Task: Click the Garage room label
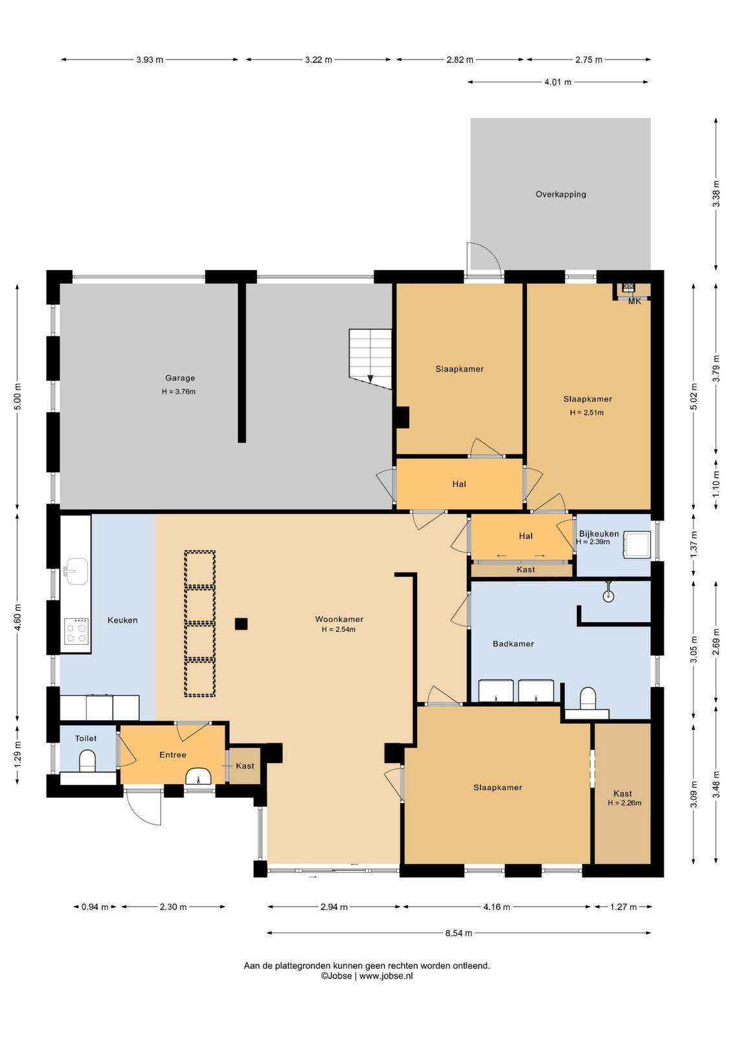(180, 378)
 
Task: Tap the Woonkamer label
(339, 619)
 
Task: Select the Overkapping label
(561, 194)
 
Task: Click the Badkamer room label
(513, 644)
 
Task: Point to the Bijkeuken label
(599, 534)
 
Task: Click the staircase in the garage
(370, 357)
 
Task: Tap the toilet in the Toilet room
(87, 761)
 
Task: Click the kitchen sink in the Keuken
(75, 572)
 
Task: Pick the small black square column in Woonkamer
(241, 624)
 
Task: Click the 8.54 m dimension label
(458, 933)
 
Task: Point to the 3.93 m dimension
(150, 60)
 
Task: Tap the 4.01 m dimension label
(558, 82)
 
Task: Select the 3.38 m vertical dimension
(716, 193)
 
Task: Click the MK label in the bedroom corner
(635, 301)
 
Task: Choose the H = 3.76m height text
(179, 391)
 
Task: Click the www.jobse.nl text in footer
(386, 976)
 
